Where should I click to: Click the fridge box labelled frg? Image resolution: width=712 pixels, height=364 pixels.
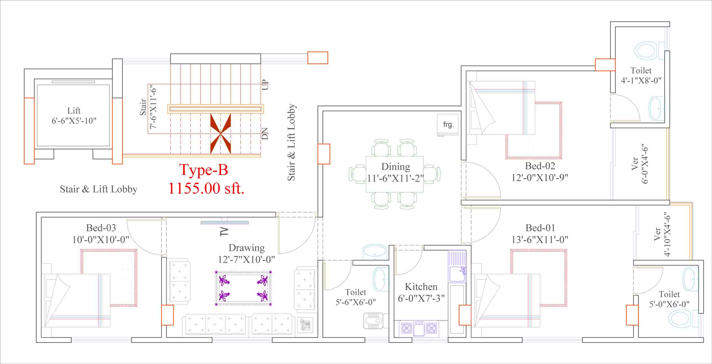coord(448,125)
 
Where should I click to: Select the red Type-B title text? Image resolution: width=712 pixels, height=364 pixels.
coord(204,170)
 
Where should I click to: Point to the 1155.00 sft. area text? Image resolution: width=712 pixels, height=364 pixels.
coord(206,188)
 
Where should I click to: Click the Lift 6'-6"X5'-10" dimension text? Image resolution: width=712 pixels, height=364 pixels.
coord(74,121)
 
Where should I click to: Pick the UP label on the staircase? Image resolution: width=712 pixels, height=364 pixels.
coord(265,85)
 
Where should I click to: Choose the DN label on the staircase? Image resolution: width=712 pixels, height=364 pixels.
coord(265,133)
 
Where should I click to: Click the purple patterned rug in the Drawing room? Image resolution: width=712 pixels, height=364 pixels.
coord(244,288)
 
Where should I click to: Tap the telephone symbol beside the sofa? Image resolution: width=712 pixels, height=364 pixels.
coord(305,324)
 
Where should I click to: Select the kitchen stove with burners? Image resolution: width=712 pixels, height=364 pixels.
coord(419,328)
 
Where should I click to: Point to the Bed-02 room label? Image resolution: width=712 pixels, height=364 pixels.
coord(540,166)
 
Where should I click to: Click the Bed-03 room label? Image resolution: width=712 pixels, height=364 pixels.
coord(101,228)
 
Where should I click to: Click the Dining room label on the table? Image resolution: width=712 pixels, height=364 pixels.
coord(396,166)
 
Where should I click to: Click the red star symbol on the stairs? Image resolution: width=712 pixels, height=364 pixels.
coord(221,133)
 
